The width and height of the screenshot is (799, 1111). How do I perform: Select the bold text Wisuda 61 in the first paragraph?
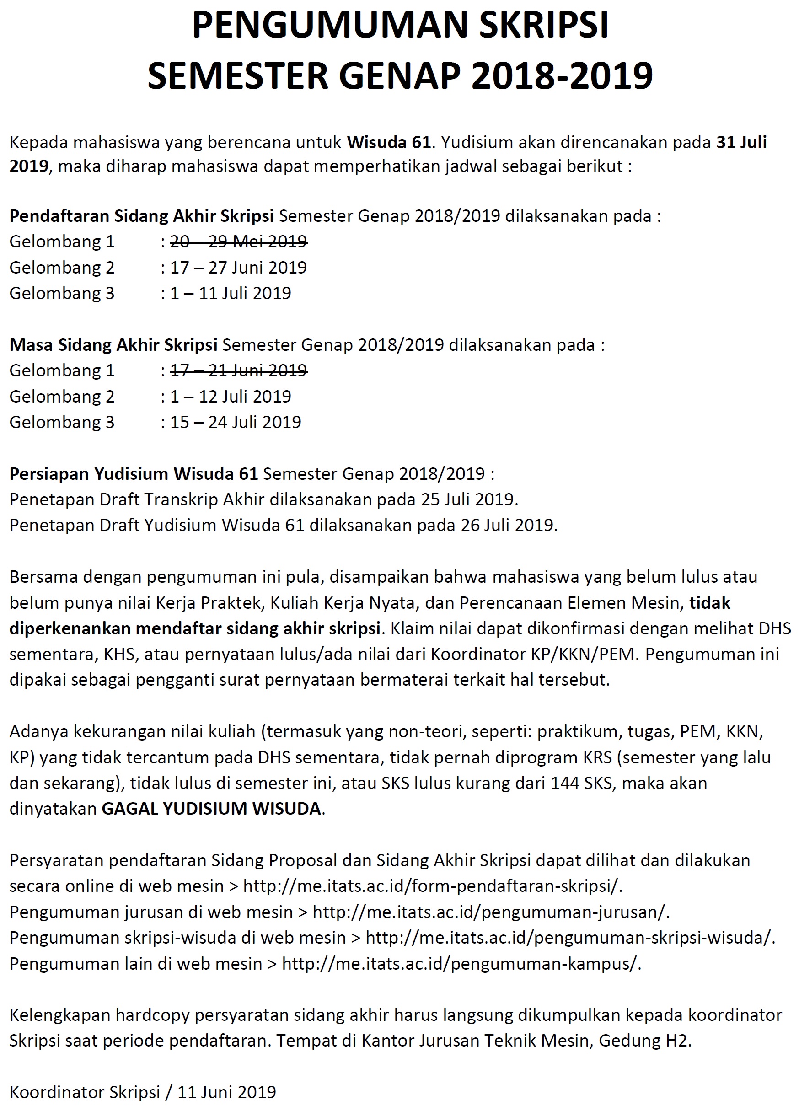click(389, 142)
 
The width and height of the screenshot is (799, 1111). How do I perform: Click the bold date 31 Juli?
click(741, 142)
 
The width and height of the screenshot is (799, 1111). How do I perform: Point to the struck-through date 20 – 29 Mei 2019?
click(238, 242)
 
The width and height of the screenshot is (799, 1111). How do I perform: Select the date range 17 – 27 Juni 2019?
click(238, 268)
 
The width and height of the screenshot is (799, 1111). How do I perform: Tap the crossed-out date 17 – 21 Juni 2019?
click(238, 370)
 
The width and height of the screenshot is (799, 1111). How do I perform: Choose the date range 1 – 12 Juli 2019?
click(230, 396)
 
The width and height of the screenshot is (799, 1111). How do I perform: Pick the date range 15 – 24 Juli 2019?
click(235, 422)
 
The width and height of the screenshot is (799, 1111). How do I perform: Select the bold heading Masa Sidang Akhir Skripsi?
click(113, 345)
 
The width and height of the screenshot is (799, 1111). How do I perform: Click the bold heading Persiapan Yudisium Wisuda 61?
click(133, 474)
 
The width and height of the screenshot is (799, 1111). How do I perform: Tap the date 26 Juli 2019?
click(508, 525)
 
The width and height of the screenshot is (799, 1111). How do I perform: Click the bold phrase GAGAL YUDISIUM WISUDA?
click(211, 808)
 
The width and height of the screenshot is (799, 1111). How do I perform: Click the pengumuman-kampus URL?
click(461, 964)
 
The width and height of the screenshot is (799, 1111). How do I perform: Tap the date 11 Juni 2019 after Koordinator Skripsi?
click(227, 1092)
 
